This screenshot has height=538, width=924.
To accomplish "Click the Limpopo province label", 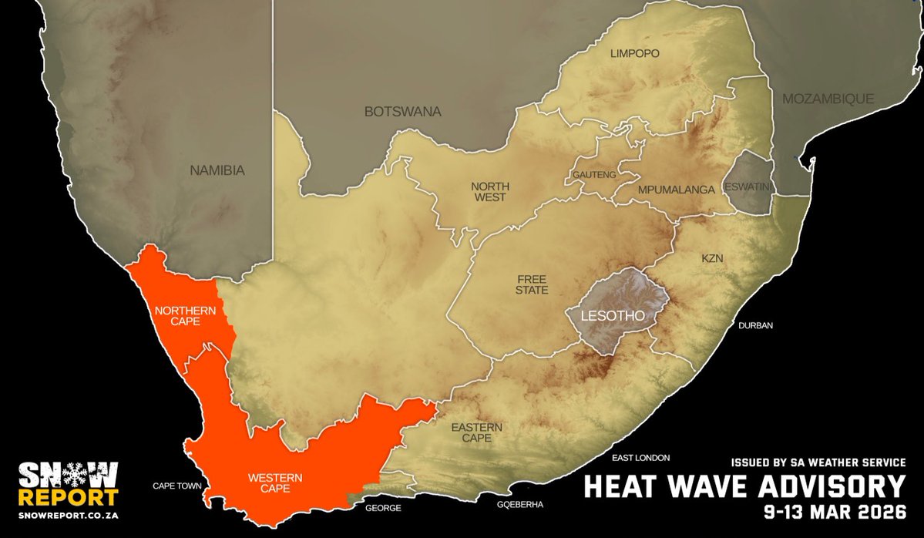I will (x=634, y=53).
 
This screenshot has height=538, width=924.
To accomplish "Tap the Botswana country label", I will (x=402, y=112).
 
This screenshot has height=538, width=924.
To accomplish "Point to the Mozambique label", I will (x=828, y=99).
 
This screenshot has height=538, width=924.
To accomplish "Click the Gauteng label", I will (x=594, y=175).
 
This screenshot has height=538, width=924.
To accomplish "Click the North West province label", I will (x=489, y=191).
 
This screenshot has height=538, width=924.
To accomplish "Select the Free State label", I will (x=533, y=284).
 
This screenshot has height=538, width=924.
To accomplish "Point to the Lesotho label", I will (x=614, y=316).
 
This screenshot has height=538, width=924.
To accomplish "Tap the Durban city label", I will (x=755, y=325).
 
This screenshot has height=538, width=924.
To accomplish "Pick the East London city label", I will (x=640, y=457).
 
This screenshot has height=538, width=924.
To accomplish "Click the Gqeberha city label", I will (x=520, y=504).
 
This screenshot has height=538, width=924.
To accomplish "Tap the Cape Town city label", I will (x=176, y=486).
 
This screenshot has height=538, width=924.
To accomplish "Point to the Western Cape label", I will (x=274, y=483).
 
